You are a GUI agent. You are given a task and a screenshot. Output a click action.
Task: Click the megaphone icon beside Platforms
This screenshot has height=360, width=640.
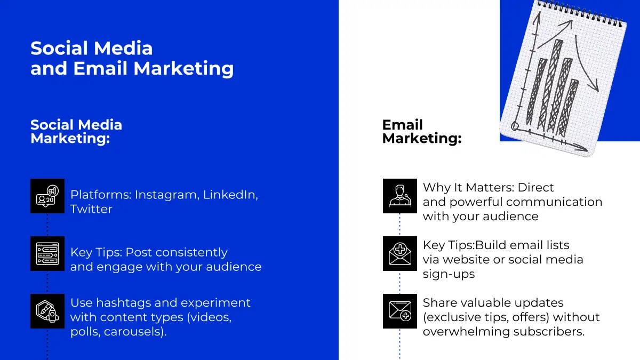click(x=47, y=196)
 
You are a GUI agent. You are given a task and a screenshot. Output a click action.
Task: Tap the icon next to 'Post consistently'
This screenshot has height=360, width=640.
click(x=47, y=253)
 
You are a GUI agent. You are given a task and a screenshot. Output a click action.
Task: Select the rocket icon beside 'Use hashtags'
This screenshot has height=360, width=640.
click(x=47, y=311)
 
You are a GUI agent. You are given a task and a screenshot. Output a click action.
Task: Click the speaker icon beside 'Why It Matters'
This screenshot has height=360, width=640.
click(x=399, y=196)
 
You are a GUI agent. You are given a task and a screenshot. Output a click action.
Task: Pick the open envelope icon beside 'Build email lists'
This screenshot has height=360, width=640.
click(x=399, y=253)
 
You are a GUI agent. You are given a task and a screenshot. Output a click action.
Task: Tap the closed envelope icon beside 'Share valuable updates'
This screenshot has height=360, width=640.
click(x=399, y=311)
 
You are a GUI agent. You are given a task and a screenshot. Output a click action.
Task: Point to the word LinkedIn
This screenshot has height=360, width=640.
click(x=230, y=195)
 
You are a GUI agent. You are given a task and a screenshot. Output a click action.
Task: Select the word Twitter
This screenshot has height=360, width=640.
click(x=91, y=209)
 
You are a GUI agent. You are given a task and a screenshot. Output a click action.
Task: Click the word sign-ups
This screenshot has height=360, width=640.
click(x=449, y=274)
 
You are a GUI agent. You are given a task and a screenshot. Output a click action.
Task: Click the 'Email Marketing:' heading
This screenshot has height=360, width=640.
click(x=422, y=131)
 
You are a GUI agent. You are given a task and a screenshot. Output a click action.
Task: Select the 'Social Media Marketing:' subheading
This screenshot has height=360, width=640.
click(x=76, y=131)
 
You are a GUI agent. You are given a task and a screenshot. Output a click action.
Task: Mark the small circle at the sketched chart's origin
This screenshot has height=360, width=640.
click(x=515, y=126)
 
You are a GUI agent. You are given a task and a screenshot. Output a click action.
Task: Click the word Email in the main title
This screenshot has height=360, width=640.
click(x=100, y=69)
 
